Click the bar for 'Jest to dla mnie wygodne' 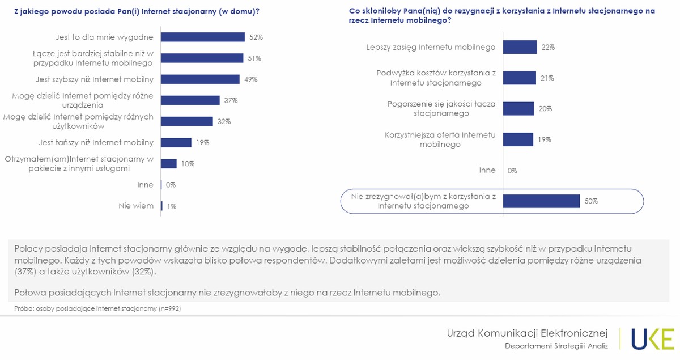pyautogui.click(x=203, y=37)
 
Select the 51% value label pyautogui.click(x=254, y=58)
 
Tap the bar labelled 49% pyautogui.click(x=200, y=79)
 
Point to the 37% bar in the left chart pyautogui.click(x=190, y=100)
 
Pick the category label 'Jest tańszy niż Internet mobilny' pyautogui.click(x=96, y=142)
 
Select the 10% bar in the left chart pyautogui.click(x=169, y=163)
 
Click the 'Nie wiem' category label pyautogui.click(x=136, y=206)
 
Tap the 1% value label pyautogui.click(x=172, y=206)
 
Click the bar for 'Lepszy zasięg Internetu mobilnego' pyautogui.click(x=520, y=47)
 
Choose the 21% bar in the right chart pyautogui.click(x=519, y=78)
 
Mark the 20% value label pyautogui.click(x=545, y=109)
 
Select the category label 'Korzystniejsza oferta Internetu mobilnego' pyautogui.click(x=440, y=139)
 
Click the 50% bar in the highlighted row pyautogui.click(x=541, y=201)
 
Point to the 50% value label pyautogui.click(x=591, y=201)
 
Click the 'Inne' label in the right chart pyautogui.click(x=487, y=170)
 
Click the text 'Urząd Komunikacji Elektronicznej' pyautogui.click(x=527, y=332)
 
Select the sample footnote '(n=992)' pyautogui.click(x=170, y=309)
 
